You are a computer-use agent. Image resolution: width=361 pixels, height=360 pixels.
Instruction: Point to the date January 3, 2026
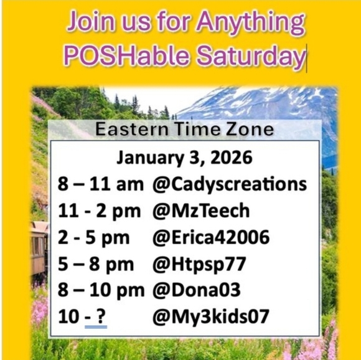pyautogui.click(x=185, y=158)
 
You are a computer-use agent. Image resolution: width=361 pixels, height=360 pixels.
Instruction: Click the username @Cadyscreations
pyautogui.click(x=230, y=184)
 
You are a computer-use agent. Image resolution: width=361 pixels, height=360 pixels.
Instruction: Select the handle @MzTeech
pyautogui.click(x=200, y=211)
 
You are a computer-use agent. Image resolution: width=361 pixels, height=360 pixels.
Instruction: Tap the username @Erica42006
pyautogui.click(x=210, y=237)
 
